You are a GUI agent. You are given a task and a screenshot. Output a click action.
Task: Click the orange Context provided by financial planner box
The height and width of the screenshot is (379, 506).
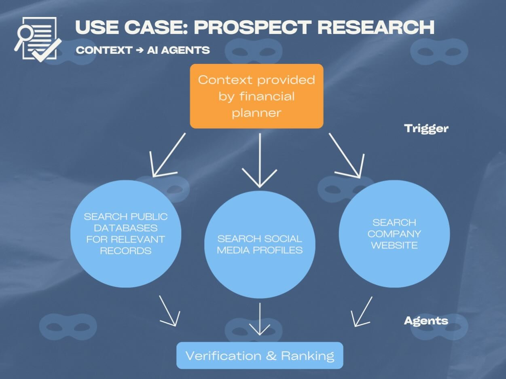256,96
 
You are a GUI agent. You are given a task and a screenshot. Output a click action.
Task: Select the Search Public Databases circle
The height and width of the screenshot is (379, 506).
125,233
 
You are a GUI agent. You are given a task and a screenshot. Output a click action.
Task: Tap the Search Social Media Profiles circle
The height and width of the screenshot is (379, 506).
260,244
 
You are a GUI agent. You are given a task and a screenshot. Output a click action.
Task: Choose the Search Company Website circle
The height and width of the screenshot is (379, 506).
394,234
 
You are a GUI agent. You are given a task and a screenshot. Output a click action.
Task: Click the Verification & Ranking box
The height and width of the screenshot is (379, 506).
260,356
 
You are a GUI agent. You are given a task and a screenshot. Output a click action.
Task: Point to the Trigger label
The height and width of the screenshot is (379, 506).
426,129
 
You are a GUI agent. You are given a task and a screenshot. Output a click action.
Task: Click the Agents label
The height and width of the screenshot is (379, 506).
426,321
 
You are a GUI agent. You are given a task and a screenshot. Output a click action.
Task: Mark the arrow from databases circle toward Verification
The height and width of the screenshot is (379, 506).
169,311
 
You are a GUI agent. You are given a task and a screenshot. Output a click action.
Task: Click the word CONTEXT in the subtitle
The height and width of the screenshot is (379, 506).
104,50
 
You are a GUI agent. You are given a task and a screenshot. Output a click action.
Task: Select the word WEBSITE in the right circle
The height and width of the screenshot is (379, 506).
394,245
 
